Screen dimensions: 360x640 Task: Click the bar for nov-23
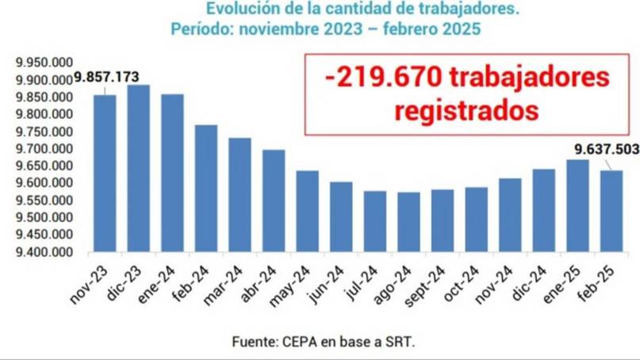coord(105,174)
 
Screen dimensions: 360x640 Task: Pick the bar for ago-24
coord(408,222)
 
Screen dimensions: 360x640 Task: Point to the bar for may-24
coord(308,212)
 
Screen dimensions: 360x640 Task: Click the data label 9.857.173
coord(107,77)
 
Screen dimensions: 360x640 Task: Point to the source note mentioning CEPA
coord(324,343)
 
